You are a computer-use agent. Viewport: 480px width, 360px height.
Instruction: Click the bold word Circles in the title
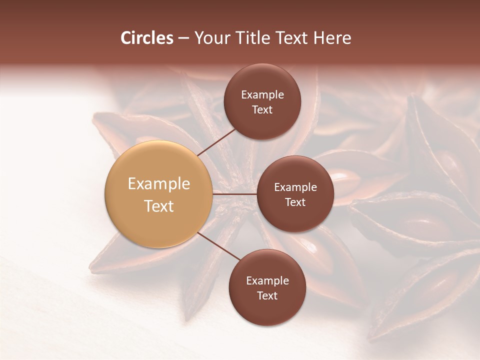click(146, 38)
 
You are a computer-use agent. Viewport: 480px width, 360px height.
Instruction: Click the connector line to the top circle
click(217, 142)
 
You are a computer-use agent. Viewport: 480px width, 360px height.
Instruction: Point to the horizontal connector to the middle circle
click(234, 194)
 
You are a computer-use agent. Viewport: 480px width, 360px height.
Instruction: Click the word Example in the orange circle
click(158, 184)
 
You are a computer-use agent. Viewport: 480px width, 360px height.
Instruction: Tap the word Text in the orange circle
click(158, 206)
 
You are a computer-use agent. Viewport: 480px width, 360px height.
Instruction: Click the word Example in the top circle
click(262, 95)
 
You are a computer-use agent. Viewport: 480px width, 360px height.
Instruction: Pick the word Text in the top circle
click(262, 110)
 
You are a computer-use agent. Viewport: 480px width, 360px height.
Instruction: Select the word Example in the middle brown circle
click(295, 187)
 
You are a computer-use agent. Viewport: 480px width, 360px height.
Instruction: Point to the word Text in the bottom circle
click(267, 296)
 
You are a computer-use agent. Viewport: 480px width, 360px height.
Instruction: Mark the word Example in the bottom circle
click(267, 281)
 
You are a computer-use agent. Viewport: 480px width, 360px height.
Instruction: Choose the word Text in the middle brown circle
click(295, 202)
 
